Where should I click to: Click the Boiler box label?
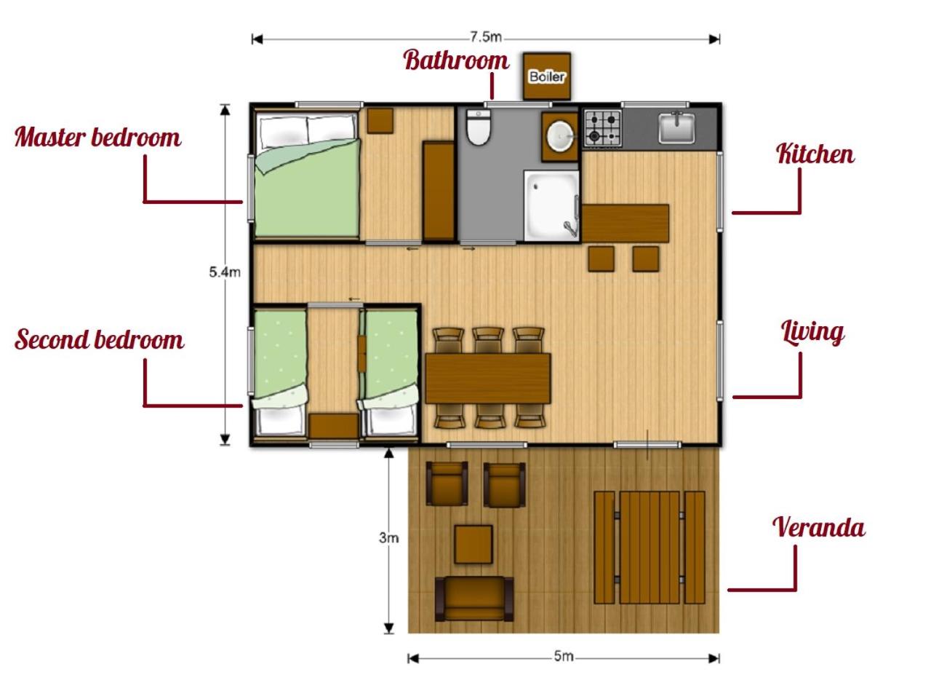(x=547, y=77)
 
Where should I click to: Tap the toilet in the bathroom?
(x=479, y=127)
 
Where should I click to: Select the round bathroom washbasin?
(x=560, y=135)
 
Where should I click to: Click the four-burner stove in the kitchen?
(x=603, y=127)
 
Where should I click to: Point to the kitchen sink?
(x=676, y=127)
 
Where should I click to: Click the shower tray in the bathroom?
(x=551, y=206)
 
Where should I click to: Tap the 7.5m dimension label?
(x=486, y=37)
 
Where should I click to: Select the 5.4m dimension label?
(x=225, y=272)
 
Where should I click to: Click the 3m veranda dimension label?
(x=388, y=538)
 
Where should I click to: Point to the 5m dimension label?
(x=564, y=656)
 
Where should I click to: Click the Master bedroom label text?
(x=98, y=138)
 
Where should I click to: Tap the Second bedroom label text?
(x=99, y=339)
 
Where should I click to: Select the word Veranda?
(x=818, y=527)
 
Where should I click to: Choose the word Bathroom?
(x=456, y=60)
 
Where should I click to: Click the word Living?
(x=812, y=333)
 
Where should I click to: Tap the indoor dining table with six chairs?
(x=488, y=378)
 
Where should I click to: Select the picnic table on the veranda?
(x=650, y=547)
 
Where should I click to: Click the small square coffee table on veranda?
(x=474, y=544)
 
